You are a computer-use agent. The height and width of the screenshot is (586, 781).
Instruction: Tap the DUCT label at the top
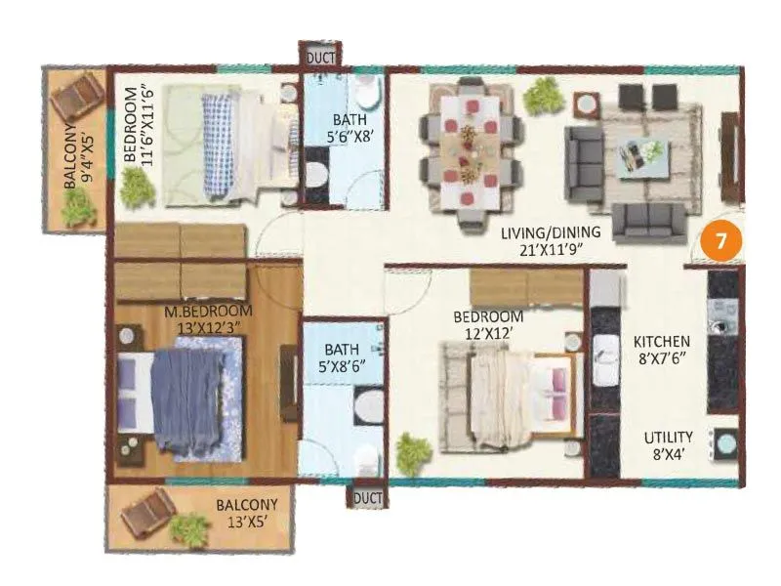pyautogui.click(x=321, y=57)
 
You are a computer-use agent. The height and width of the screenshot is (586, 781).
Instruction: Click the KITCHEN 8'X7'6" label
pyautogui.click(x=662, y=350)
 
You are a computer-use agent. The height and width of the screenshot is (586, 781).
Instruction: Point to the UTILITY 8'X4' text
pyautogui.click(x=668, y=445)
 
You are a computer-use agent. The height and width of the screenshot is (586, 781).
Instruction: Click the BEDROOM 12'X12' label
pyautogui.click(x=488, y=325)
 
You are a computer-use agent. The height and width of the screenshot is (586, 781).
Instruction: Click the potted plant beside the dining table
pyautogui.click(x=537, y=95)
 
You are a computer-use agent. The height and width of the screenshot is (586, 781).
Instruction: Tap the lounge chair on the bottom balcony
pyautogui.click(x=147, y=509)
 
